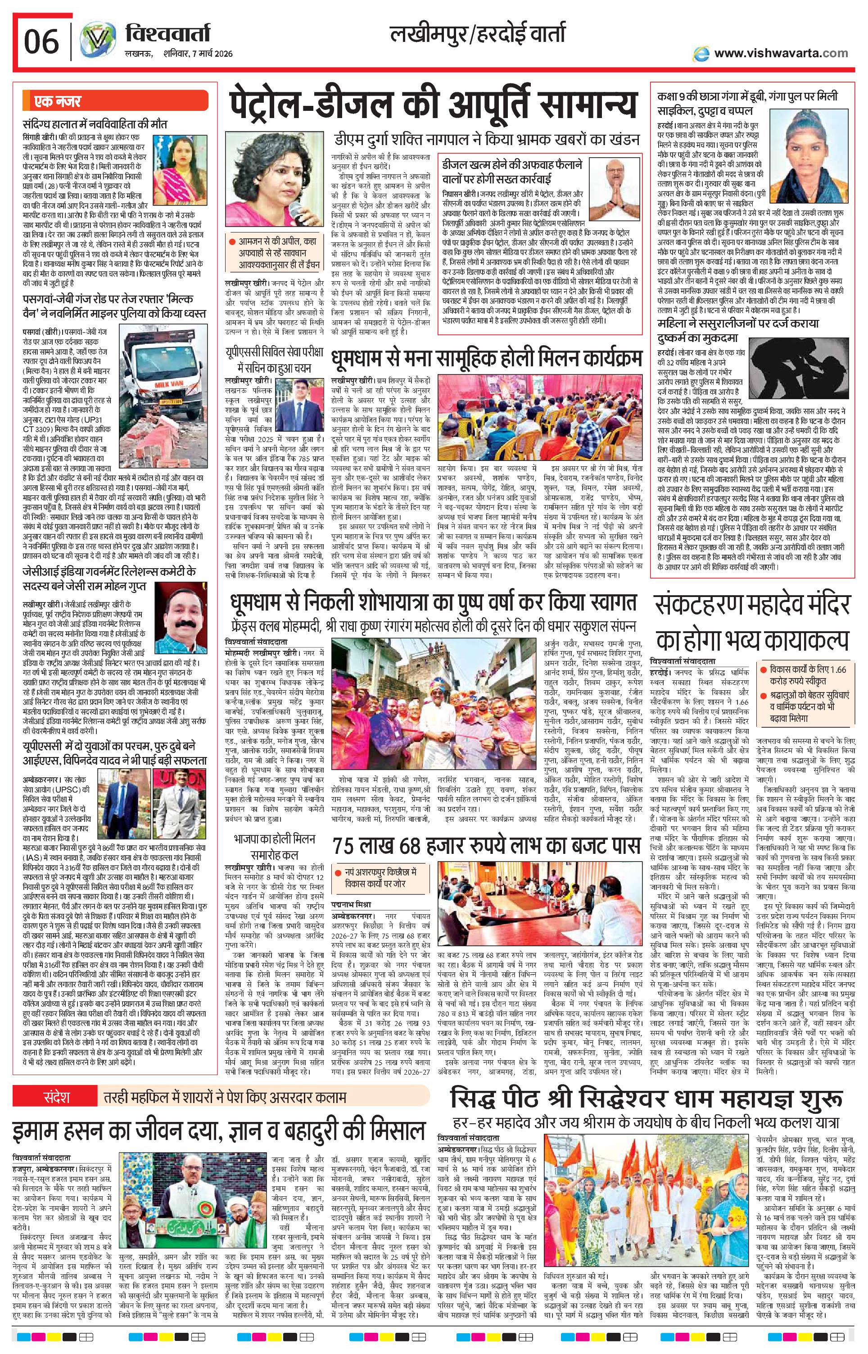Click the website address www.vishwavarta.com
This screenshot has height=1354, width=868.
coord(780,53)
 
